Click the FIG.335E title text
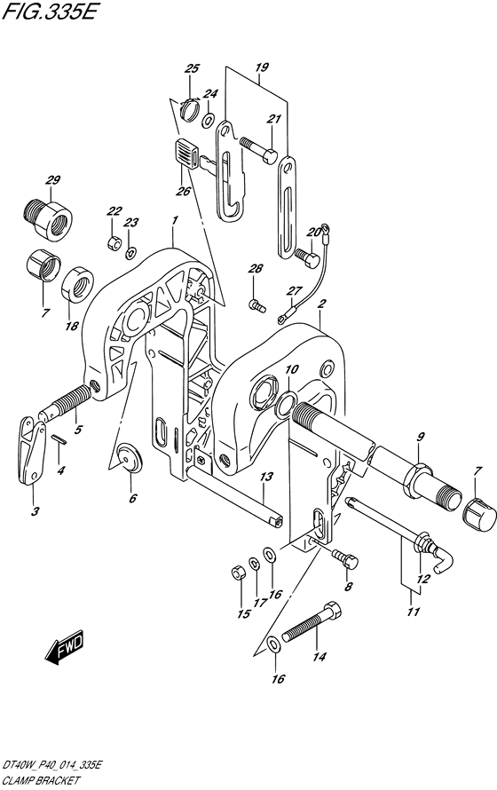[49, 11]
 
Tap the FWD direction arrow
[64, 646]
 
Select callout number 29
[52, 180]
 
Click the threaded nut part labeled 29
[48, 217]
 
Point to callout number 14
[319, 656]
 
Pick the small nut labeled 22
[114, 243]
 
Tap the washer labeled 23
[131, 253]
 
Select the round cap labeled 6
[130, 457]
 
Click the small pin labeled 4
[59, 438]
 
